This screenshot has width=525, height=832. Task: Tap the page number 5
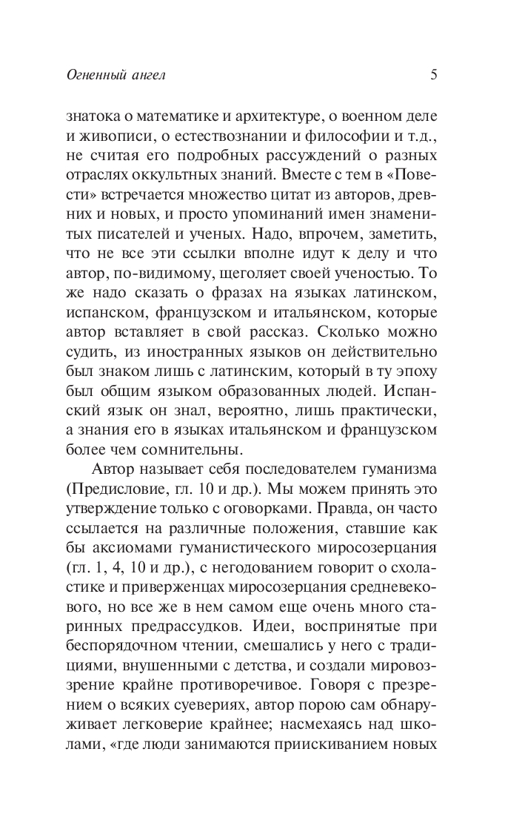click(433, 74)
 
